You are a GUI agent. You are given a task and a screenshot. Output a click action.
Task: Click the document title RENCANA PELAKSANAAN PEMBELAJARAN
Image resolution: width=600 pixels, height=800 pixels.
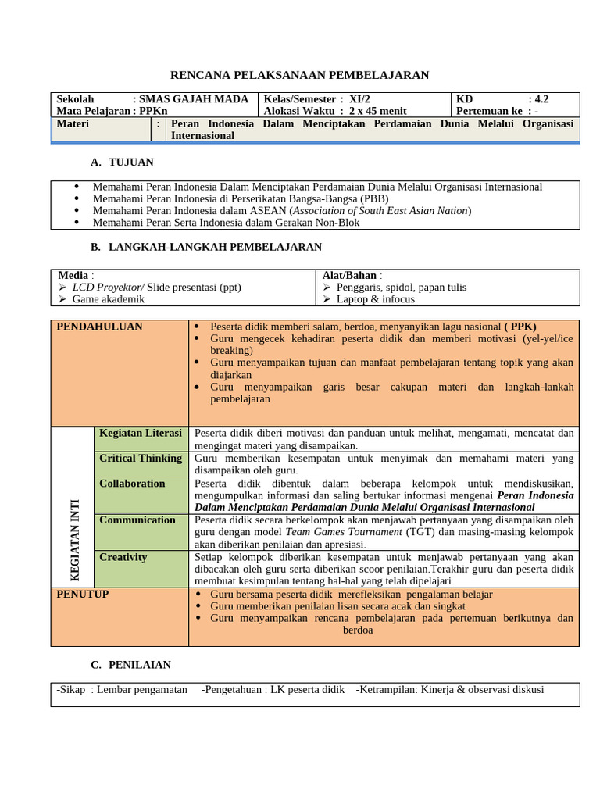[300, 75]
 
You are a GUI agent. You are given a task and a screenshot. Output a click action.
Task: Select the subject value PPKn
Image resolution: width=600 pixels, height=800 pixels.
[154, 111]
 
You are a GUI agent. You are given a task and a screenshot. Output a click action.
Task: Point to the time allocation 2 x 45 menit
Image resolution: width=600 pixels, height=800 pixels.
[377, 111]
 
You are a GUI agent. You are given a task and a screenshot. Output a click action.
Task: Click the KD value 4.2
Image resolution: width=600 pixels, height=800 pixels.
[538, 99]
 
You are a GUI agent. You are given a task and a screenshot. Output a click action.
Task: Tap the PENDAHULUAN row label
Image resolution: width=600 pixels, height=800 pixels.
[100, 327]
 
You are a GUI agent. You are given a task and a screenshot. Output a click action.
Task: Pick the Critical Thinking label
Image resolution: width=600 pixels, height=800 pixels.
[141, 459]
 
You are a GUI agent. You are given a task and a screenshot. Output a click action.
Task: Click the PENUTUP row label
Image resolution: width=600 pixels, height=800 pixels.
[83, 595]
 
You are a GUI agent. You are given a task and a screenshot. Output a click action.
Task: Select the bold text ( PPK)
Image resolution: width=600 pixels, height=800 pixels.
[520, 327]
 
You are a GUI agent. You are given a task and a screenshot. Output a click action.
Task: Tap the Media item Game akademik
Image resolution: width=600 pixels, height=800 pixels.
[109, 299]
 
